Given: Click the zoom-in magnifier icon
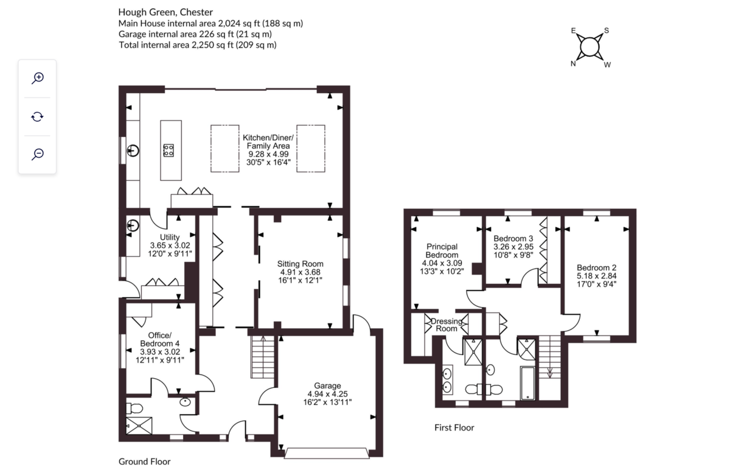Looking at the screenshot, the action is click(x=38, y=79).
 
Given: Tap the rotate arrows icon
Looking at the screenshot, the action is click(x=38, y=116).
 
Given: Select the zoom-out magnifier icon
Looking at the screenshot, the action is click(x=38, y=154).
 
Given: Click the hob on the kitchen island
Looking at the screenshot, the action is click(x=169, y=150).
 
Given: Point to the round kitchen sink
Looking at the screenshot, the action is click(x=133, y=151).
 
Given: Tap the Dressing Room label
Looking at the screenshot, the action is click(x=447, y=325).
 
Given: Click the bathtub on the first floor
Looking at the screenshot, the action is click(x=527, y=383).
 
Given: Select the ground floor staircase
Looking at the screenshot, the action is click(x=263, y=357).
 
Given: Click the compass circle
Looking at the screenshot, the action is click(x=589, y=47).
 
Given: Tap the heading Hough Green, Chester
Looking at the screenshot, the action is click(x=165, y=12).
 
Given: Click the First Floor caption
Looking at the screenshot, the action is click(x=454, y=427).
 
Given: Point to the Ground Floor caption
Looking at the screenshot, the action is click(x=144, y=462).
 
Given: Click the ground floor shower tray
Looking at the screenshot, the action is click(x=139, y=426).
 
